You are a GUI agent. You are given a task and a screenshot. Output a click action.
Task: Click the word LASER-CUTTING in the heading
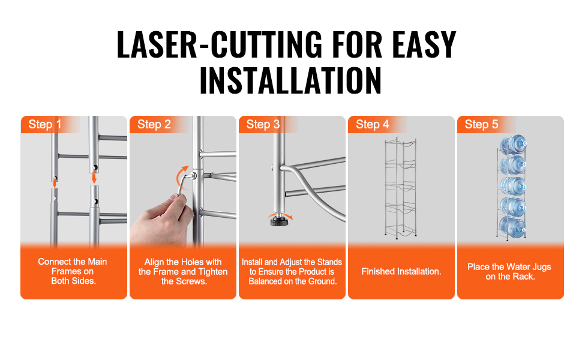220,45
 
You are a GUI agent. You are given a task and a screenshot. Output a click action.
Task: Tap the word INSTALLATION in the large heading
290,80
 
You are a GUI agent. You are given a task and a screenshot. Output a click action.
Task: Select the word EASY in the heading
424,45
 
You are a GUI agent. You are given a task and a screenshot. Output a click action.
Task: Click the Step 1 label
45,124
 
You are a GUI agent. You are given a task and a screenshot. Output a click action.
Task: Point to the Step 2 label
154,124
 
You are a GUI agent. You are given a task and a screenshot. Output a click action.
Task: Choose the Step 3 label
263,124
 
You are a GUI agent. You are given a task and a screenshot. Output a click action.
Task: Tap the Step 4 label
372,124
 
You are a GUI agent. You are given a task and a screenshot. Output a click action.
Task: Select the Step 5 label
481,124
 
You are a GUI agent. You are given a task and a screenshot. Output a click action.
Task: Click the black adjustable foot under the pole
277,221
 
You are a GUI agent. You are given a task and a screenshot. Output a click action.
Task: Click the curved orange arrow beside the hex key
181,178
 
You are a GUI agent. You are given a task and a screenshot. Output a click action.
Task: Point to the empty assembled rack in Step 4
400,188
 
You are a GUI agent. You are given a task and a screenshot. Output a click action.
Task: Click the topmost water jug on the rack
514,145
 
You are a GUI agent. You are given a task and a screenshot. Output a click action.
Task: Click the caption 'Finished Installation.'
401,272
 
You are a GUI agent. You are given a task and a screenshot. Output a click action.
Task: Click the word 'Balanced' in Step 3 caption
265,281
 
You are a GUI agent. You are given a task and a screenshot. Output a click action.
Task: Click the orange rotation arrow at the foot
281,215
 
